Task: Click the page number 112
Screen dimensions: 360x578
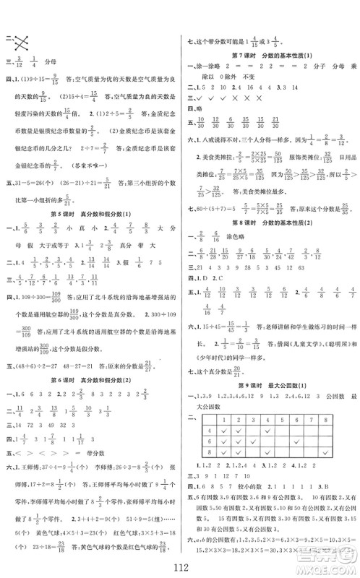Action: click(179, 563)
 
